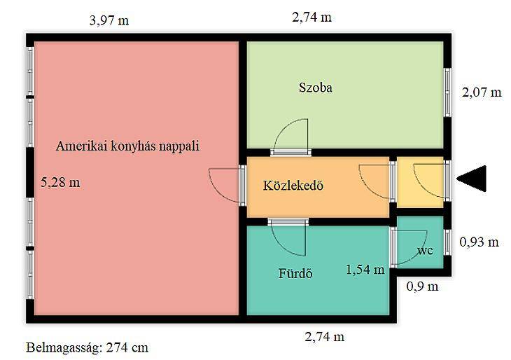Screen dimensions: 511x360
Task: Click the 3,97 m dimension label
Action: click(109, 20)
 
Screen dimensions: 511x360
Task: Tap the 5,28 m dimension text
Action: click(60, 182)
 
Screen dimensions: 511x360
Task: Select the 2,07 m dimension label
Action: click(482, 92)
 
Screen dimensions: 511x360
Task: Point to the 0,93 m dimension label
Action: click(479, 242)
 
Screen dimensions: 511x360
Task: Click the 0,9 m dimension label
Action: click(422, 286)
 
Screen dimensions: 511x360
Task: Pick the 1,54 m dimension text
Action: click(365, 270)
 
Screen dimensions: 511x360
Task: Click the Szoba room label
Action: click(316, 88)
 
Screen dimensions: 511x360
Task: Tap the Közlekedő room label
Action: click(293, 185)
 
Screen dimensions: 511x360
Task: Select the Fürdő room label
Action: click(295, 273)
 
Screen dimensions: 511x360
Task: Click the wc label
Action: click(426, 251)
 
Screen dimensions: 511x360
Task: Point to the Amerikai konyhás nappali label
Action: click(127, 146)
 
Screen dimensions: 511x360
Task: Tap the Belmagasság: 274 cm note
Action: click(87, 347)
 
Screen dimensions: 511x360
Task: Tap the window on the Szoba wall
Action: click(447, 92)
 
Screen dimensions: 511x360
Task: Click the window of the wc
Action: click(447, 242)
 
